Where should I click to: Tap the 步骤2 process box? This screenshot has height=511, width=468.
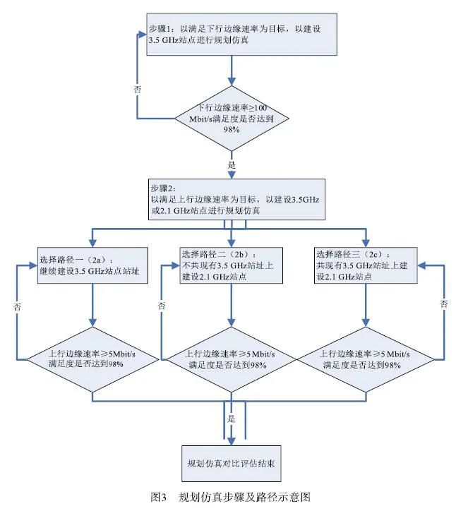[x=233, y=200]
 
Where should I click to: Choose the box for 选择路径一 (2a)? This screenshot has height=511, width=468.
[x=92, y=265]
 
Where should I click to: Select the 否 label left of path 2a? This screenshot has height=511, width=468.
[x=16, y=307]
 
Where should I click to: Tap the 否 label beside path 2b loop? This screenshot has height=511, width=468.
[x=162, y=306]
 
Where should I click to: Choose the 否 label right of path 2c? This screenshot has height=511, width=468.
[x=444, y=304]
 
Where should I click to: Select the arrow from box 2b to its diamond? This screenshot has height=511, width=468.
[x=232, y=303]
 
